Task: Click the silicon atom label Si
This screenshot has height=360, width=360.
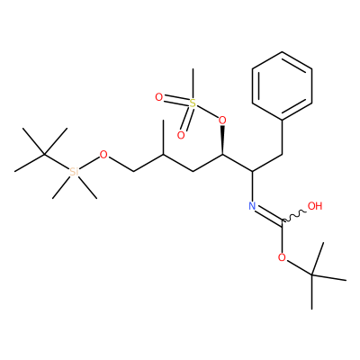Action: (74, 172)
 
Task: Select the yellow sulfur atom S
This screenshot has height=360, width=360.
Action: (193, 103)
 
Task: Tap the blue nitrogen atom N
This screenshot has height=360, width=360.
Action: (252, 206)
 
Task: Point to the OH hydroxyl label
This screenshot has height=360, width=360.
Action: (315, 206)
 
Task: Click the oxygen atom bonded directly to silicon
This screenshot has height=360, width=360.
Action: (103, 155)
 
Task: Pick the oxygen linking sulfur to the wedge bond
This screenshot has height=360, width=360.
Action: (222, 121)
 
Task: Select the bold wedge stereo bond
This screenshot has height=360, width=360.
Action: (222, 140)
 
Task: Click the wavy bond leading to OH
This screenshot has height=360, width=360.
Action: (294, 217)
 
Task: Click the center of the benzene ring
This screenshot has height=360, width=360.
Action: (282, 86)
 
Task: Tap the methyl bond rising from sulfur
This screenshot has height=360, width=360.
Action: (193, 84)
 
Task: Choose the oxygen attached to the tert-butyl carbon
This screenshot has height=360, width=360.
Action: (282, 257)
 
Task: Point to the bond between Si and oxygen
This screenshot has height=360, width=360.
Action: (89, 163)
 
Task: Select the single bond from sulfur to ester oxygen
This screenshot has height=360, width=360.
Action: (207, 112)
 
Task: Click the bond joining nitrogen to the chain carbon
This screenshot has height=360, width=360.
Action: (252, 186)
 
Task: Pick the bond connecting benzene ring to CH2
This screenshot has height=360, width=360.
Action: (282, 138)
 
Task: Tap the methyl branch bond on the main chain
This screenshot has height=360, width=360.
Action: (163, 138)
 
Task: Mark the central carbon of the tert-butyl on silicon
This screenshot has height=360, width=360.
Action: (44, 155)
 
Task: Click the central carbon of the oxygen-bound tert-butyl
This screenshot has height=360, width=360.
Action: (312, 274)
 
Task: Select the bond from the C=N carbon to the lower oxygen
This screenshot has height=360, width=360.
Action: (282, 238)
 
